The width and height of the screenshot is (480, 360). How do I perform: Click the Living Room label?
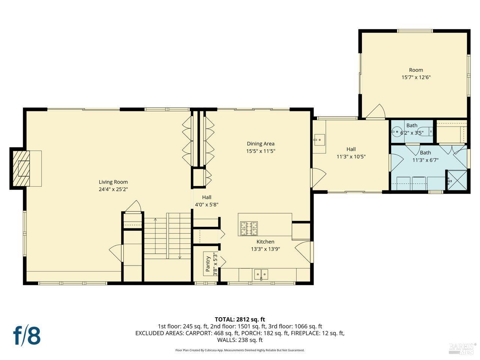tap(113, 182)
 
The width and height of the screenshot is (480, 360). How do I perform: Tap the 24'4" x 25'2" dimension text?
tap(113, 190)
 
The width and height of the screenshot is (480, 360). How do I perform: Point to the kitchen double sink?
tap(261, 275)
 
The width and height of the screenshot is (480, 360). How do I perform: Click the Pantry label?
tap(208, 264)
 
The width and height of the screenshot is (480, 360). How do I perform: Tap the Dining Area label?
tap(260, 144)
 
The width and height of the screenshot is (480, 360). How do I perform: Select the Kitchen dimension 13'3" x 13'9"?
tap(265, 249)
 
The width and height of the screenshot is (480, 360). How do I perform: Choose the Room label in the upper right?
tap(416, 70)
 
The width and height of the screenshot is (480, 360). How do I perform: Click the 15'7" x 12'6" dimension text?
tap(416, 78)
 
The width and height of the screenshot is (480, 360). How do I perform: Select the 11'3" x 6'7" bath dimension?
tap(425, 160)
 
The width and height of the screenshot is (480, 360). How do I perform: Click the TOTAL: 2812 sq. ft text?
tap(240, 319)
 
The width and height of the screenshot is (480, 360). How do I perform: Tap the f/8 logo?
tap(27, 335)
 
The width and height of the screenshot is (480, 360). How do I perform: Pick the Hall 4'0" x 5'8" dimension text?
tap(207, 205)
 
